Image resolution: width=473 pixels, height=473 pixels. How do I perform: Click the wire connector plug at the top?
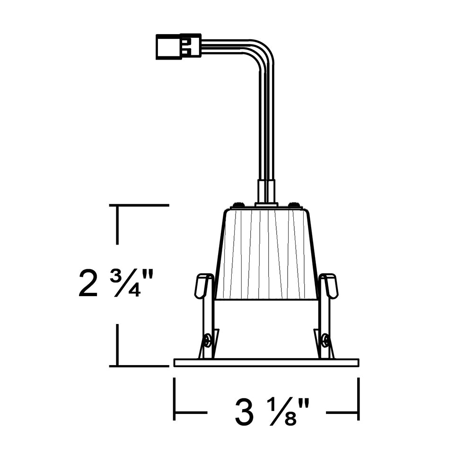(x=179, y=46)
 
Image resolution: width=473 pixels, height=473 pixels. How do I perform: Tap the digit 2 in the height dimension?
(x=88, y=283)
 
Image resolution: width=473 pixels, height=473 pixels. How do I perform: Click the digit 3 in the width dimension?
(x=245, y=412)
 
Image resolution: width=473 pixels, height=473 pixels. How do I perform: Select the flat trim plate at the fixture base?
(x=266, y=363)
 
